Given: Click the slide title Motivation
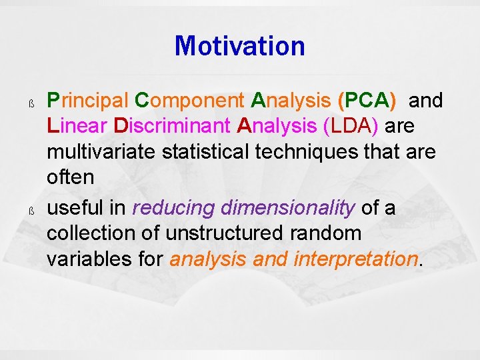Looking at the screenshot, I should (x=239, y=47).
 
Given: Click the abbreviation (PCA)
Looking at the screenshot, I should (x=367, y=101).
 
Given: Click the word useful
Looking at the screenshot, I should (x=75, y=208).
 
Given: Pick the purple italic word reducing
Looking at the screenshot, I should (x=174, y=209).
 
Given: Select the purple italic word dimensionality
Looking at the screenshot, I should (x=288, y=209).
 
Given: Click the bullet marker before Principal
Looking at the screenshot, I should (x=31, y=103).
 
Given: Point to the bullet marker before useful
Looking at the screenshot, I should (x=31, y=211).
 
